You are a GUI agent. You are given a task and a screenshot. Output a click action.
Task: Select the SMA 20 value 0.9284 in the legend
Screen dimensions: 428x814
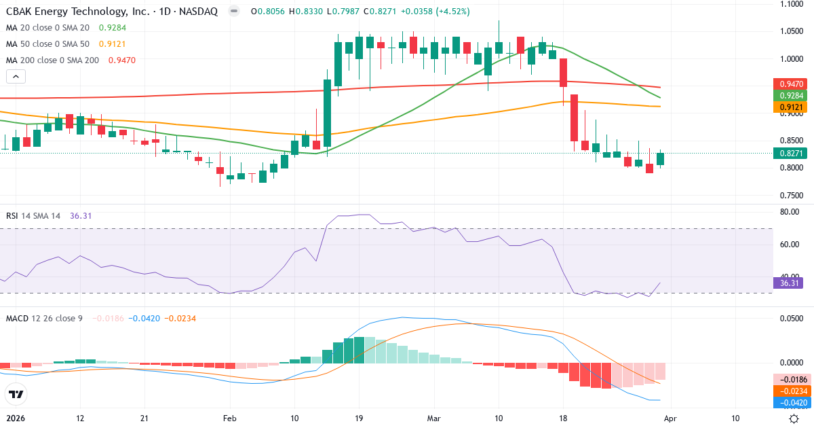pyautogui.click(x=112, y=28)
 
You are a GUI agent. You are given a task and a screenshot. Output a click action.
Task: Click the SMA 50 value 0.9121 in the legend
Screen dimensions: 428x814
pyautogui.click(x=112, y=43)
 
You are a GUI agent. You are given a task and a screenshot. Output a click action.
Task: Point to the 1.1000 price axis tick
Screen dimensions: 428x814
pyautogui.click(x=791, y=4)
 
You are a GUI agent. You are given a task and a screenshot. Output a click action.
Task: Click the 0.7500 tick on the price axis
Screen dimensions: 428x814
pyautogui.click(x=791, y=196)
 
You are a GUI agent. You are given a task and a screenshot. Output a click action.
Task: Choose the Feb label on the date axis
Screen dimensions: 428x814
pyautogui.click(x=229, y=419)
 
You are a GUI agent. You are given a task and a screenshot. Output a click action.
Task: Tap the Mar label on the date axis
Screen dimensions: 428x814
pyautogui.click(x=433, y=419)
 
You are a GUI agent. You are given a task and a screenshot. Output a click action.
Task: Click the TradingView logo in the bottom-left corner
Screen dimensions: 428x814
pyautogui.click(x=16, y=394)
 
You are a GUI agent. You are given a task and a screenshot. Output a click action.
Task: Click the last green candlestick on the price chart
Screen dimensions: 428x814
pyautogui.click(x=660, y=159)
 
